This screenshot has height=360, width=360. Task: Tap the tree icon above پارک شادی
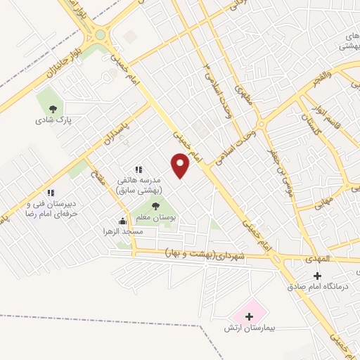point(53,108)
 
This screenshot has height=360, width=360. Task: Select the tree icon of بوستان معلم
point(155,206)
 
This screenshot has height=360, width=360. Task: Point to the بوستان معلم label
point(157,218)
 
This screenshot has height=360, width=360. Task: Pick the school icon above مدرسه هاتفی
point(139,169)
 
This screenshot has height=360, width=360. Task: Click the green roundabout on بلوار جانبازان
point(100,34)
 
